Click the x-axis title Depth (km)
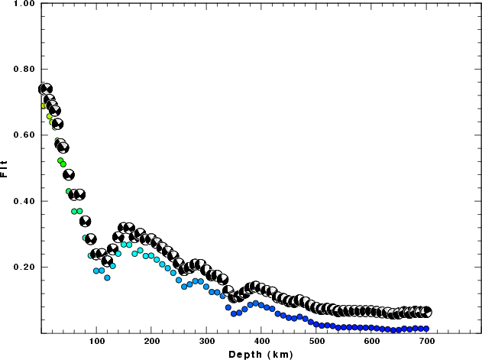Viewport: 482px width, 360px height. pyautogui.click(x=261, y=355)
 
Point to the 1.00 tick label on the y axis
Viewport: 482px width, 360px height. pyautogui.click(x=21, y=4)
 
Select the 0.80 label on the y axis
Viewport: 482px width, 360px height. pyautogui.click(x=21, y=70)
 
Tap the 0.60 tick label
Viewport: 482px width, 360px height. pyautogui.click(x=21, y=135)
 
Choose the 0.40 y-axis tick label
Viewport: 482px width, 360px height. pyautogui.click(x=21, y=201)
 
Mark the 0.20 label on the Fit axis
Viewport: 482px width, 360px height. pyautogui.click(x=21, y=268)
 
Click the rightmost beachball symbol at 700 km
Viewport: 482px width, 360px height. pyautogui.click(x=426, y=312)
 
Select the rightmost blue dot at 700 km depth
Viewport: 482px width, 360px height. pyautogui.click(x=426, y=329)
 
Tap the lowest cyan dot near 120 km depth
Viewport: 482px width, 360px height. pyautogui.click(x=107, y=277)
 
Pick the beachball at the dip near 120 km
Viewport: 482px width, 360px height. pyautogui.click(x=107, y=261)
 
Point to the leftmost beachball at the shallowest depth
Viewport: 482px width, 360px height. pyautogui.click(x=43, y=89)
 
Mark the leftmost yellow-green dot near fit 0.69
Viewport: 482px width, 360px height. pyautogui.click(x=44, y=105)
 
